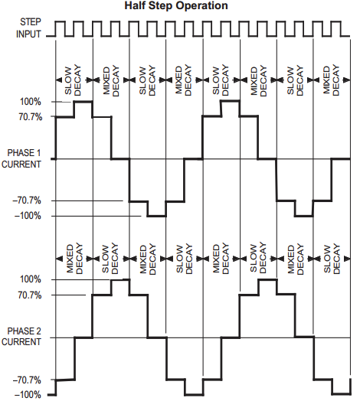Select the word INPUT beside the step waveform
pyautogui.click(x=28, y=34)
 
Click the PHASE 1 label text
pyautogui.click(x=24, y=153)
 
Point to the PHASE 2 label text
pyautogui.click(x=24, y=331)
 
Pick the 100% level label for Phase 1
pyautogui.click(x=31, y=102)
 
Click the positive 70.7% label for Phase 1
pyautogui.click(x=30, y=117)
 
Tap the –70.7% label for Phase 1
pyautogui.click(x=27, y=200)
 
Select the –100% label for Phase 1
pyautogui.click(x=28, y=216)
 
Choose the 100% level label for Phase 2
pyautogui.click(x=31, y=279)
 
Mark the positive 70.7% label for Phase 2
pyautogui.click(x=30, y=295)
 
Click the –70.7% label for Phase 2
pyautogui.click(x=27, y=380)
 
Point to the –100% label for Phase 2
pyautogui.click(x=28, y=395)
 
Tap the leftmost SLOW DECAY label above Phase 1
pyautogui.click(x=73, y=80)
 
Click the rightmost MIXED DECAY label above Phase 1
pyautogui.click(x=331, y=80)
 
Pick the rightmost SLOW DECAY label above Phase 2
pyautogui.click(x=332, y=259)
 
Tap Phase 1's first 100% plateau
pyautogui.click(x=83, y=102)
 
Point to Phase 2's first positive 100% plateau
pyautogui.click(x=120, y=280)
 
